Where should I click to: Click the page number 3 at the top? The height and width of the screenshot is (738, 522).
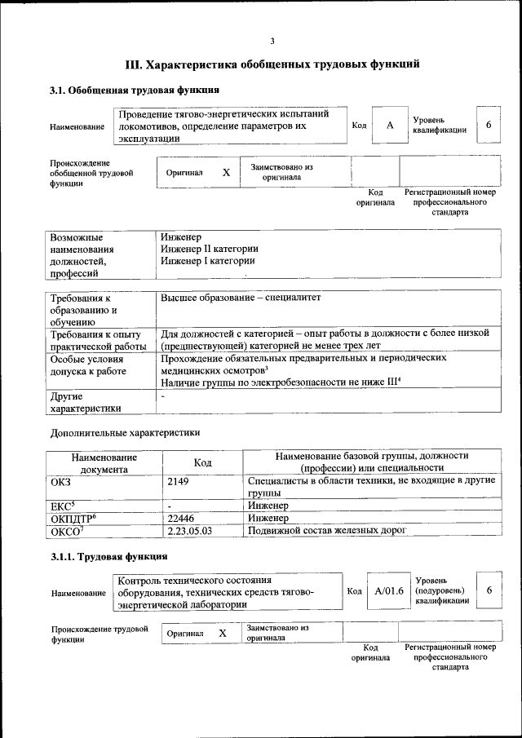click(272, 42)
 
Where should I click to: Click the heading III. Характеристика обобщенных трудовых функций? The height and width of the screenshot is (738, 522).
click(272, 64)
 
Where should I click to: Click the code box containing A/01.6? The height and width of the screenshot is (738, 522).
click(389, 590)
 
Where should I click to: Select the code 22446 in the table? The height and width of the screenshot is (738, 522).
click(181, 518)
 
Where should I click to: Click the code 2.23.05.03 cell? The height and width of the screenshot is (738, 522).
click(189, 531)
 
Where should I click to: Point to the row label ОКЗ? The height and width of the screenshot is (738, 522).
click(62, 482)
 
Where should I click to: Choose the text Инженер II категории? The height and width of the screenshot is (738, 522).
click(210, 249)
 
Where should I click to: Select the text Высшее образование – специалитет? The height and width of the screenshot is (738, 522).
click(241, 298)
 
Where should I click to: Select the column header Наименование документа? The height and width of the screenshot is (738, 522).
click(104, 462)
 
